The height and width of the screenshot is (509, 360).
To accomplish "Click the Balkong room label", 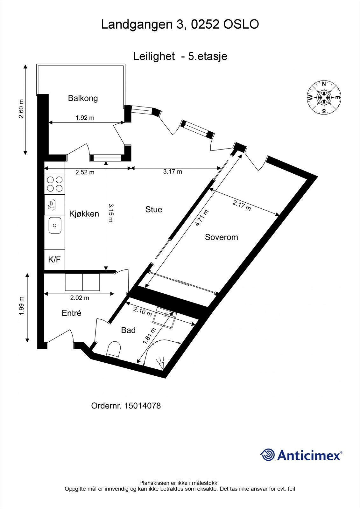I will point(83,98).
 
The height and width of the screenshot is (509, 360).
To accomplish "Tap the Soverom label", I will point(221,237).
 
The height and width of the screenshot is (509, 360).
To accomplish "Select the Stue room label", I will point(154,209).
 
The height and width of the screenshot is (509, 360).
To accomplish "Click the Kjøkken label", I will point(84,214).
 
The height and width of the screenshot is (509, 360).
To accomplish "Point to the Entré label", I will point(71,313).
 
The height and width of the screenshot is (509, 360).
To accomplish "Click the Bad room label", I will point(128,330).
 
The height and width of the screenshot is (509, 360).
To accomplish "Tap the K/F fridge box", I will point(54,260).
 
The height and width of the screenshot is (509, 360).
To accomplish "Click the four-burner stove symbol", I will point(54,184).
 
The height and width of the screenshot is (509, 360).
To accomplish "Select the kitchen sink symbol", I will point(55,225).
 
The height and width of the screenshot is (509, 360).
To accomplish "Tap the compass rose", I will point(324,97).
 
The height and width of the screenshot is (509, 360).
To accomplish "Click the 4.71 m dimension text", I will point(202,218).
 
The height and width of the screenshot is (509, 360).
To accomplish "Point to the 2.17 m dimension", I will point(242,205).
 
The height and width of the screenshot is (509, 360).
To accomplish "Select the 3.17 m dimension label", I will point(173,172).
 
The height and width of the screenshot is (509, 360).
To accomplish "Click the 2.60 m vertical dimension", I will point(21,109).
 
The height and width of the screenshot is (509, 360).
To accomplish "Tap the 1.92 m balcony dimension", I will point(85,118).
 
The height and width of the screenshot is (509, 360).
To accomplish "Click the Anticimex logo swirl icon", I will point(267,455).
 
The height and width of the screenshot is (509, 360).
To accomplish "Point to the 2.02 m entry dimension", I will point(79,298).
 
